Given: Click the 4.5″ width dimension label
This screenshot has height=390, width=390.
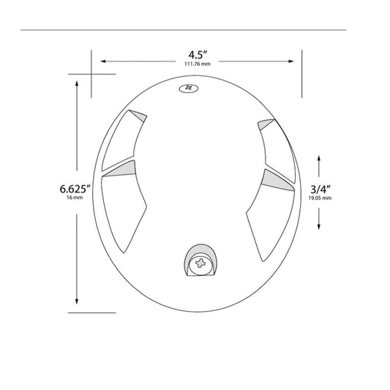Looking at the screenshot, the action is [198, 55].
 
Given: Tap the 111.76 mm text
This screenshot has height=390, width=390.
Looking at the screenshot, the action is [198, 64].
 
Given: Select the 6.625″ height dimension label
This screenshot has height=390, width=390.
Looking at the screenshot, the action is [75, 189].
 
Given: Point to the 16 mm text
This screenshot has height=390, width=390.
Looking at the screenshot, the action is [75, 198].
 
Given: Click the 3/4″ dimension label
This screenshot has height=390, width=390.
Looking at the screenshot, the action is [320, 190].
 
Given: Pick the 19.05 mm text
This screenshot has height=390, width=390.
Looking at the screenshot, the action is [320, 198].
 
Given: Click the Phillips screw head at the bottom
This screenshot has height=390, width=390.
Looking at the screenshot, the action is [200, 263].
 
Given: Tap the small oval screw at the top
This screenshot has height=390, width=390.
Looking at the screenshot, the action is [189, 88].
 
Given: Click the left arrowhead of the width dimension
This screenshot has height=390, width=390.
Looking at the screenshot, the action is [103, 61].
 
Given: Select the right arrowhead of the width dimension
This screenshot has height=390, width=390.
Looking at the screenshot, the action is [290, 61].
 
